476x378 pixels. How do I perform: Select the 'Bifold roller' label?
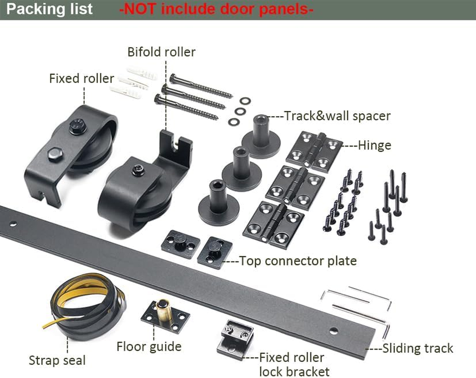[x=161, y=51]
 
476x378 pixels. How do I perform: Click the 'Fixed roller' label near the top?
[x=81, y=78]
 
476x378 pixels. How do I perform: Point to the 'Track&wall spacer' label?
[x=337, y=116]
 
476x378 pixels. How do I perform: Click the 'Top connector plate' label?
[x=297, y=261]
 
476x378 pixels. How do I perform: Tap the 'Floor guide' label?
[x=149, y=346]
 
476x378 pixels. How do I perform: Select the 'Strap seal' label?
[x=57, y=360]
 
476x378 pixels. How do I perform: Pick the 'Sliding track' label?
[x=418, y=348]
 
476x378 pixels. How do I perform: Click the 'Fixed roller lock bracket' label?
[x=292, y=364]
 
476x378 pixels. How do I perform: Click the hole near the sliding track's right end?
[x=334, y=330]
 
